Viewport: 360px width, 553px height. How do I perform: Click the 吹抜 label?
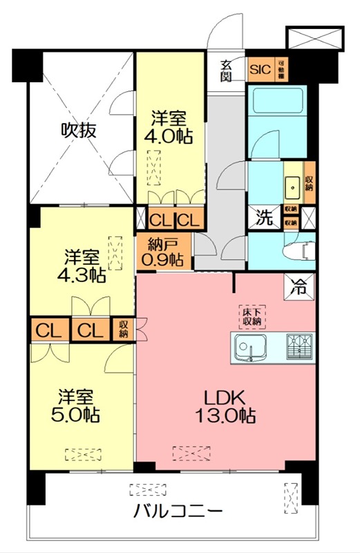pyautogui.click(x=77, y=129)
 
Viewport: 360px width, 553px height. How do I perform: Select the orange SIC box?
pyautogui.click(x=260, y=69)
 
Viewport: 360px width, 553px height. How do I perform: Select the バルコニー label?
pyautogui.click(x=178, y=513)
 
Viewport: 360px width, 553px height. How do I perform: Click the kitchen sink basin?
pyautogui.click(x=252, y=346)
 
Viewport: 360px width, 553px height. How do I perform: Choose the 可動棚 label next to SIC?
pyautogui.click(x=281, y=69)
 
